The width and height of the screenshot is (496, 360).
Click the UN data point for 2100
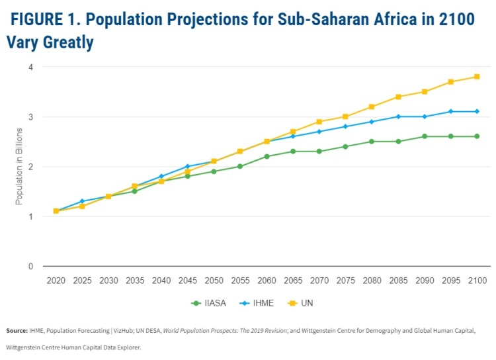click(x=476, y=77)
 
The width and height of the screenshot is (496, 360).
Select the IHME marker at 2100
click(x=476, y=111)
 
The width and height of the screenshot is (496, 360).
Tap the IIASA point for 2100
click(x=476, y=136)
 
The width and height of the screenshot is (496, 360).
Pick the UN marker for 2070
click(x=319, y=122)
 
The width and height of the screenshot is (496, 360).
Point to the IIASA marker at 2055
click(x=239, y=166)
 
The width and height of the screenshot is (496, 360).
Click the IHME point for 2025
click(x=82, y=201)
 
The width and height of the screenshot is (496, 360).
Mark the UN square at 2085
click(x=397, y=97)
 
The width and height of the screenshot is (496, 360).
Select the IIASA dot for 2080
click(x=371, y=142)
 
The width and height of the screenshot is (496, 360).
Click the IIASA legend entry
click(x=208, y=303)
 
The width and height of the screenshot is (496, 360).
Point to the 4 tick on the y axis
click(x=30, y=67)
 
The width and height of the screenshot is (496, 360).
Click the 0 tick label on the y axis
click(x=30, y=267)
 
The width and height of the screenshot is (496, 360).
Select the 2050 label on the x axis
click(x=214, y=281)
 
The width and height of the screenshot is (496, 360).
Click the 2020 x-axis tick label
click(x=56, y=281)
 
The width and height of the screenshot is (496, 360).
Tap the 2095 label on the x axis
click(x=450, y=281)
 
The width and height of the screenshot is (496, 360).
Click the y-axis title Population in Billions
click(x=19, y=167)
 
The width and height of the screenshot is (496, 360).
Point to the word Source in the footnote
click(x=17, y=330)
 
